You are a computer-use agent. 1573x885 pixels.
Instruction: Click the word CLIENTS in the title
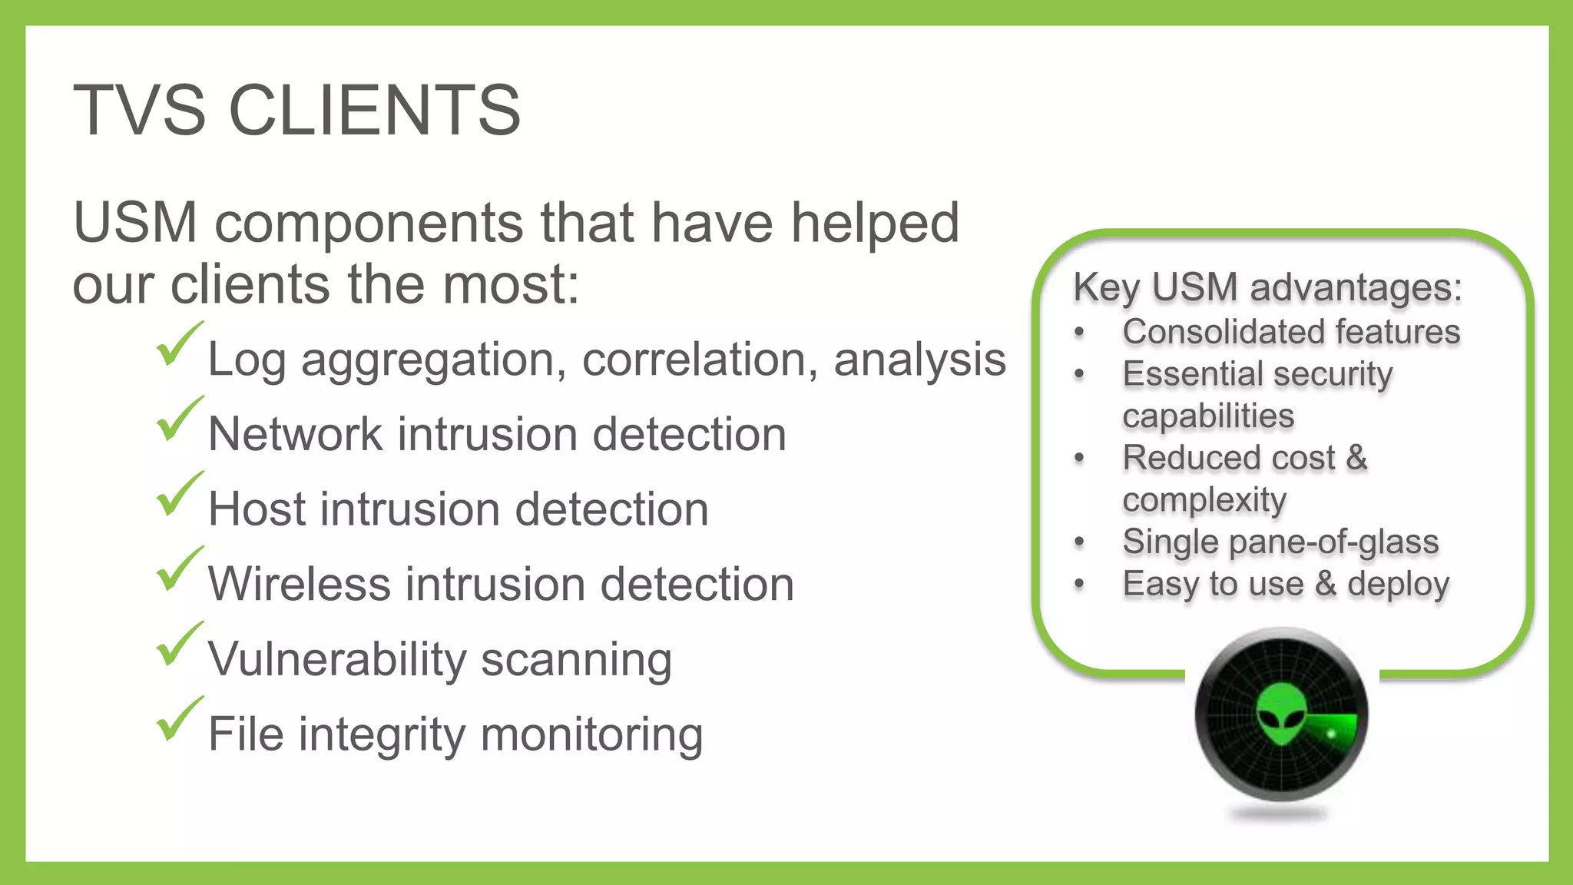click(x=374, y=111)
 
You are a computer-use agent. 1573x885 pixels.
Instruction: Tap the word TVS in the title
click(x=139, y=111)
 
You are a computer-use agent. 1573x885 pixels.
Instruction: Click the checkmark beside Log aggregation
click(x=179, y=345)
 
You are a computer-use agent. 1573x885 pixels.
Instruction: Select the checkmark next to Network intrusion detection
click(x=179, y=420)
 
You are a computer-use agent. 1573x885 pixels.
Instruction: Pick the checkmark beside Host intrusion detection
click(x=179, y=495)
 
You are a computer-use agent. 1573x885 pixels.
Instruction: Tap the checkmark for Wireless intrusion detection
click(x=179, y=570)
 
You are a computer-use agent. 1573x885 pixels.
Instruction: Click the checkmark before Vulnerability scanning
click(x=179, y=645)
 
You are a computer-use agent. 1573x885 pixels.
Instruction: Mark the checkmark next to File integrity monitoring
click(x=179, y=720)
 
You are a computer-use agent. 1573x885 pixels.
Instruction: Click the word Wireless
click(x=299, y=584)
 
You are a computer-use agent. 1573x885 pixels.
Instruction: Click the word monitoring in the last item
click(x=591, y=734)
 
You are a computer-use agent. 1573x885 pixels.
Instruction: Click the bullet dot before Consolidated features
click(x=1079, y=333)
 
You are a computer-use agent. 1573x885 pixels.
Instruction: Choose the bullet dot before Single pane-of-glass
click(x=1079, y=542)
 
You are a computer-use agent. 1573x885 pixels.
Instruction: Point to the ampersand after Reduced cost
click(x=1356, y=458)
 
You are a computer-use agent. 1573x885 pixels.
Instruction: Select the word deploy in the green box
click(x=1398, y=585)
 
